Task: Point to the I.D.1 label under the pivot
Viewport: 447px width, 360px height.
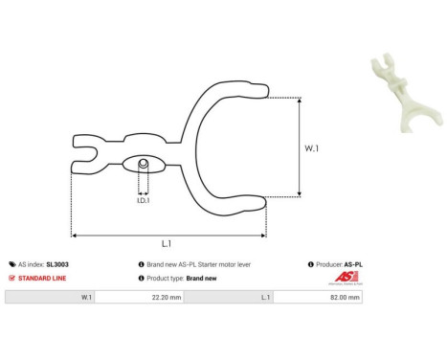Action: [142, 200]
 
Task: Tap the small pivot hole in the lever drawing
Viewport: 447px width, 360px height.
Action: [143, 165]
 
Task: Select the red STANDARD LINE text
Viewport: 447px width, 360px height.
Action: [42, 278]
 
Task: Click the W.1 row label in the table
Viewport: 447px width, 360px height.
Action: [86, 298]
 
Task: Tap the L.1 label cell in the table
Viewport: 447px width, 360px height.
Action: [263, 298]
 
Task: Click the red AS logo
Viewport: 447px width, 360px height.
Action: [345, 278]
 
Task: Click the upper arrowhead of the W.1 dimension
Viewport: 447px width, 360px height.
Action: [301, 100]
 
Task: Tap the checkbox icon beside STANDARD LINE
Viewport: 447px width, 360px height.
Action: [11, 278]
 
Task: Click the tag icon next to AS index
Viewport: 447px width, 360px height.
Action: [11, 263]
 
